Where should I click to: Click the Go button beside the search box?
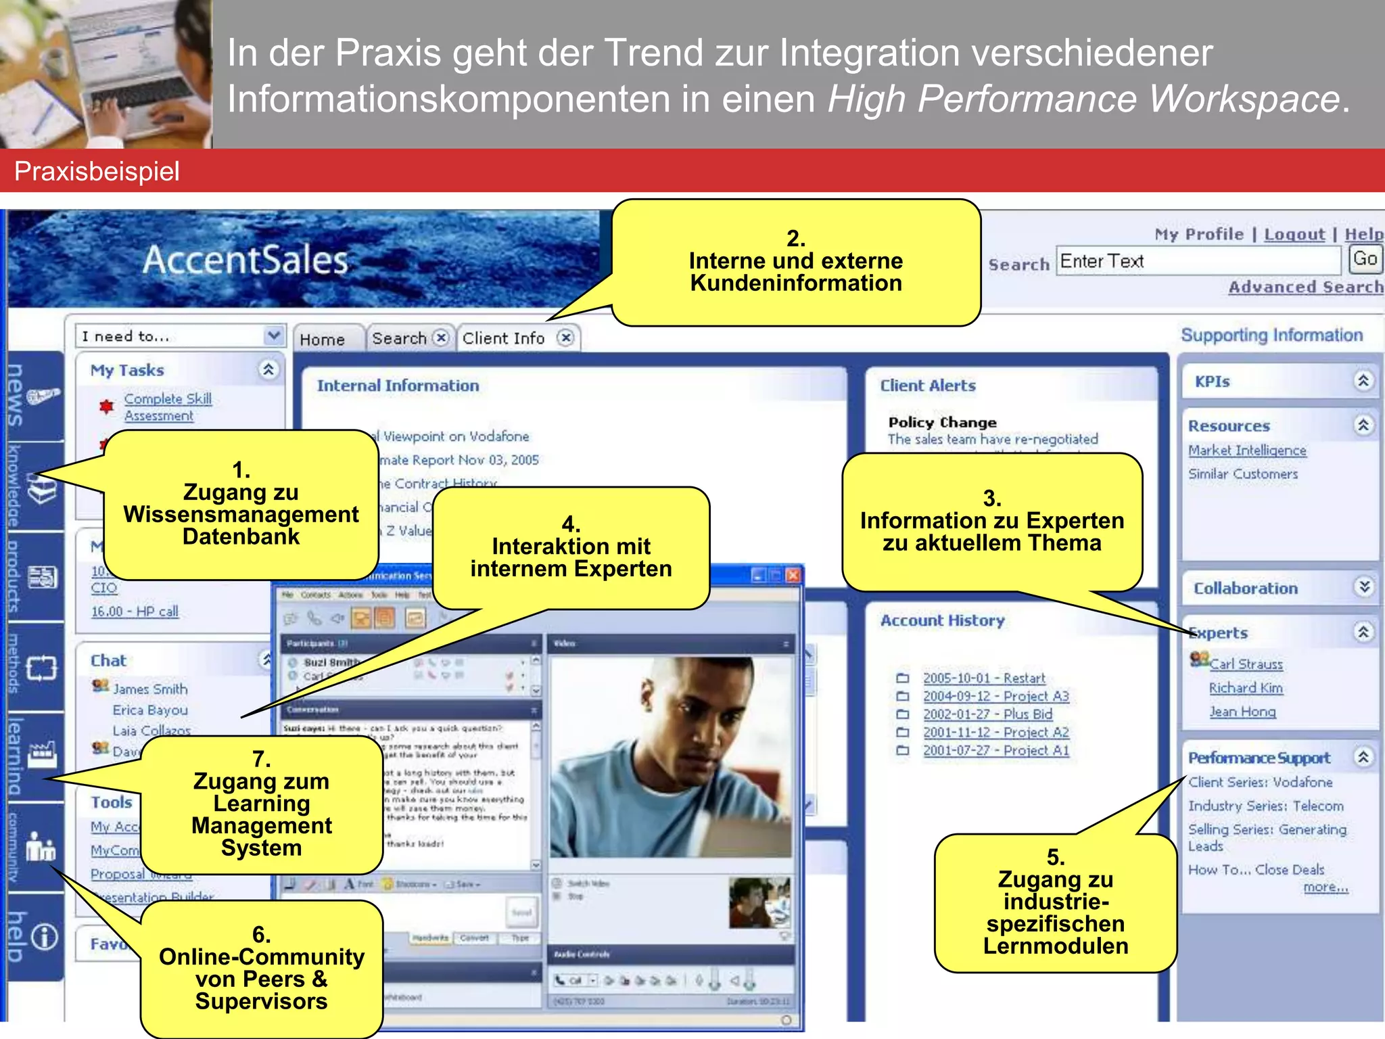pos(1365,259)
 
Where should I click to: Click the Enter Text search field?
pos(1197,261)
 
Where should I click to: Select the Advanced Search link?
pos(1305,287)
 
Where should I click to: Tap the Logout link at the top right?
pos(1294,235)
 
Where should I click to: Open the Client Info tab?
pos(503,338)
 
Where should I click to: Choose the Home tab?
pos(323,340)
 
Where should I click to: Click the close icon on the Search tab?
pos(441,338)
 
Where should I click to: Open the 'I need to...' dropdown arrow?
pos(273,336)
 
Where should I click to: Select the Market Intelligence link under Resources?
pos(1247,451)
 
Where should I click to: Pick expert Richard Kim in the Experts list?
pos(1246,688)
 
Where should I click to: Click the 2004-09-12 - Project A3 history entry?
pos(995,696)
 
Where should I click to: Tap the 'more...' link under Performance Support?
pos(1325,887)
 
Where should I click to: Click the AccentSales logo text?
pos(245,260)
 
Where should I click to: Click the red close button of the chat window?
pos(793,576)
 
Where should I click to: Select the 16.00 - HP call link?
pos(135,611)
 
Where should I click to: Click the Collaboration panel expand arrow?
pos(1364,586)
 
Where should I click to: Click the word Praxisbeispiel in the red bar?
pos(97,171)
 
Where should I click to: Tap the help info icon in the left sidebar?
pos(45,937)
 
